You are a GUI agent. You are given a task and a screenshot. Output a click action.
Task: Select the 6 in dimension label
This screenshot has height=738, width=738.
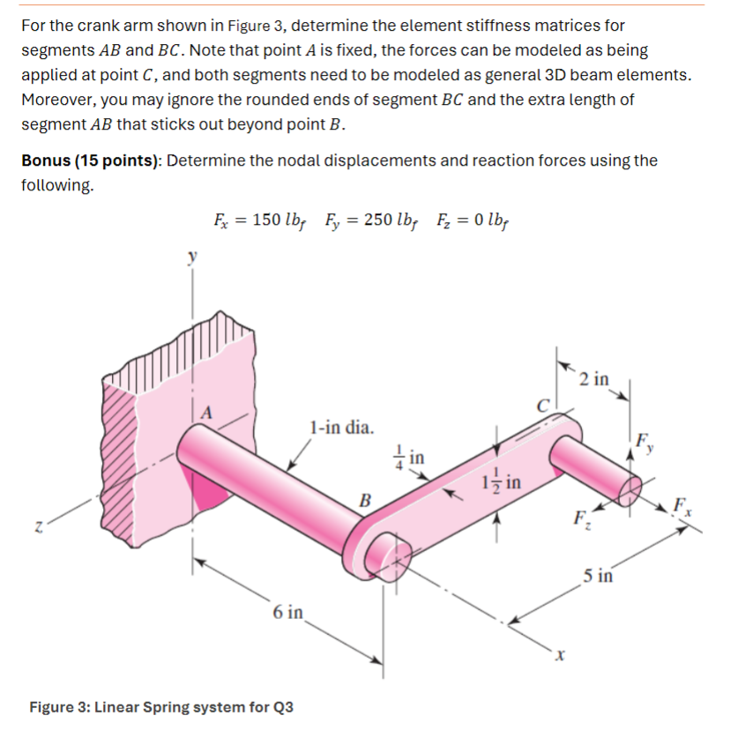pyautogui.click(x=288, y=611)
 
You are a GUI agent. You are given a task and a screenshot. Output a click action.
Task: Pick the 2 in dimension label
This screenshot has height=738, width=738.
pyautogui.click(x=595, y=379)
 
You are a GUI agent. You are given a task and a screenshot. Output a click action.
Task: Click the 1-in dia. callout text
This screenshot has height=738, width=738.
pyautogui.click(x=341, y=429)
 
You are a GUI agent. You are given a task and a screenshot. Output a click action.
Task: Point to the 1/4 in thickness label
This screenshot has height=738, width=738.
pyautogui.click(x=412, y=457)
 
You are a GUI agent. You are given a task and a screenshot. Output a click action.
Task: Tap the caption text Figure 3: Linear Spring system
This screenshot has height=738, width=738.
pyautogui.click(x=162, y=707)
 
